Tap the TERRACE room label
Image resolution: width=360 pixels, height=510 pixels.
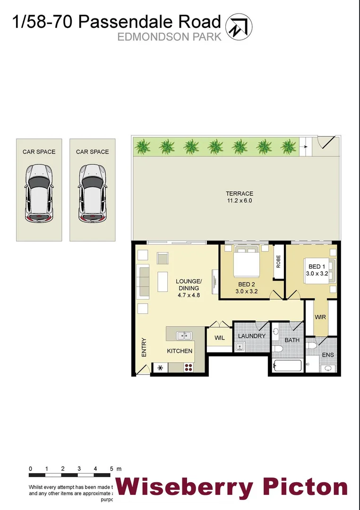tap(239, 194)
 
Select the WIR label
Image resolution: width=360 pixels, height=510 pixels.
tap(320, 317)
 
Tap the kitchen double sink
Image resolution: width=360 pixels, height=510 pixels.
tap(184, 336)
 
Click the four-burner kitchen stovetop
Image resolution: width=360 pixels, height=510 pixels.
tap(189, 367)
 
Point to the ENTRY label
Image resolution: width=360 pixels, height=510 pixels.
tap(144, 348)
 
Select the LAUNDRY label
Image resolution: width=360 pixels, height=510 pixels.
tap(251, 336)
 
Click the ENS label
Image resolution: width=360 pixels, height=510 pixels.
tap(328, 355)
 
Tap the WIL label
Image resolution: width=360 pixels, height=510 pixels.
tap(220, 338)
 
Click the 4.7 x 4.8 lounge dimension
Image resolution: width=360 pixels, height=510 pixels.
tap(189, 295)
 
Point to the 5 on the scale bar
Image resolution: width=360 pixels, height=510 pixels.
tap(111, 469)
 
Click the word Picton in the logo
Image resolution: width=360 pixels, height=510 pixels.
tap(305, 487)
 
